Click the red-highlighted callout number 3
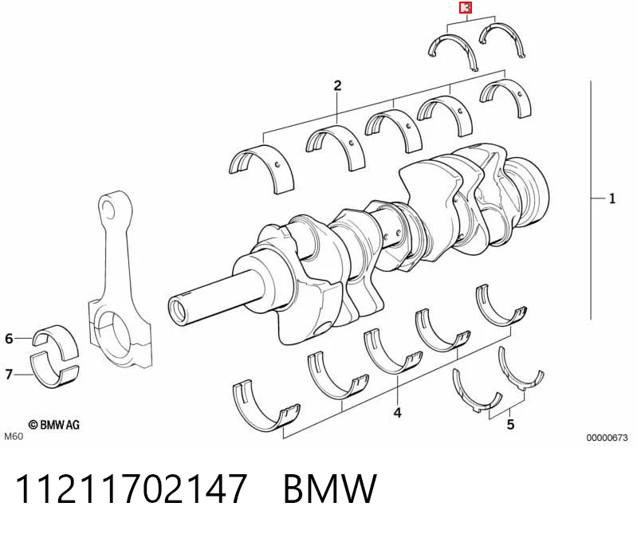pyautogui.click(x=465, y=8)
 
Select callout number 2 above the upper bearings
pyautogui.click(x=337, y=86)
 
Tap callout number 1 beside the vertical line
pyautogui.click(x=611, y=198)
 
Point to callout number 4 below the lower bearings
pyautogui.click(x=397, y=413)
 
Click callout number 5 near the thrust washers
pyautogui.click(x=511, y=425)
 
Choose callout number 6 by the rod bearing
pyautogui.click(x=9, y=338)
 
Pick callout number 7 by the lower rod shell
pyautogui.click(x=9, y=374)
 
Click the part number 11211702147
pyautogui.click(x=131, y=489)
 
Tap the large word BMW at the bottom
pyautogui.click(x=330, y=489)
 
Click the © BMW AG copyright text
pyautogui.click(x=54, y=425)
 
